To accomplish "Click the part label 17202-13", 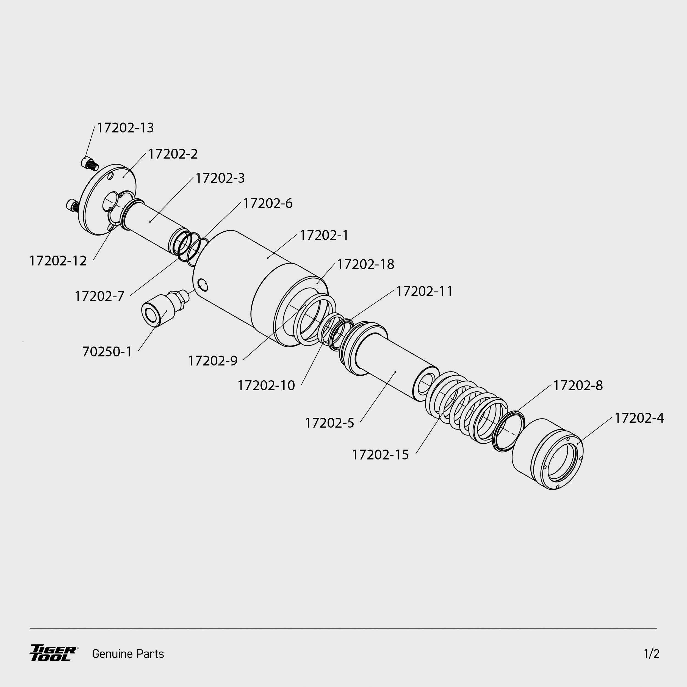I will coord(125,128).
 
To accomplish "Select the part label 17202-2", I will coord(173,154).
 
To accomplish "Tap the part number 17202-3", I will coord(220,178).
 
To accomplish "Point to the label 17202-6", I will coord(268,203).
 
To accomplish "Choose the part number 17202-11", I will coord(424,292).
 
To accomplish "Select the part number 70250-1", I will coord(107,352).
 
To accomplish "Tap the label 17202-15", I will coord(380,455).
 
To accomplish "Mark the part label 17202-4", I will coord(639,418).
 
